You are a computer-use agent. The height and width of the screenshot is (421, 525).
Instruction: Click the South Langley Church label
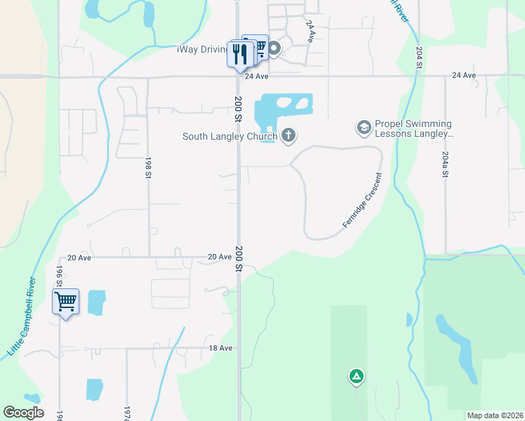coord(230,136)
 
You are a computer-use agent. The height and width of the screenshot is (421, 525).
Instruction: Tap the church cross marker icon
coord(288,135)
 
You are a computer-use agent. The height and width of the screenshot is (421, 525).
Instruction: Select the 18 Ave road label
coord(220,348)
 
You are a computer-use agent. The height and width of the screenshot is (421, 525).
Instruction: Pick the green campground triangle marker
coord(357,377)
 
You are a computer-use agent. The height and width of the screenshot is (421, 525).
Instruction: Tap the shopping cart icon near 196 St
coord(65,302)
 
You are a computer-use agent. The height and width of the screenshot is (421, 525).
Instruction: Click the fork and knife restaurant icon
coord(240,53)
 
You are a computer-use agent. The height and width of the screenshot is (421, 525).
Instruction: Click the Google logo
coord(23,413)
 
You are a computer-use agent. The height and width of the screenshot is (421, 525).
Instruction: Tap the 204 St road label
coord(419,58)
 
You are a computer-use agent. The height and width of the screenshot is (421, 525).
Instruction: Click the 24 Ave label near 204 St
coord(464,75)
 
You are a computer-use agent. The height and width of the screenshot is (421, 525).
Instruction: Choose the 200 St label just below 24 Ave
coord(239,107)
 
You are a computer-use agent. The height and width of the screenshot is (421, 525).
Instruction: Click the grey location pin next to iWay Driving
coord(274,49)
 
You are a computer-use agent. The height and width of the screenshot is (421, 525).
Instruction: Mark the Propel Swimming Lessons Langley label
coord(414,128)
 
